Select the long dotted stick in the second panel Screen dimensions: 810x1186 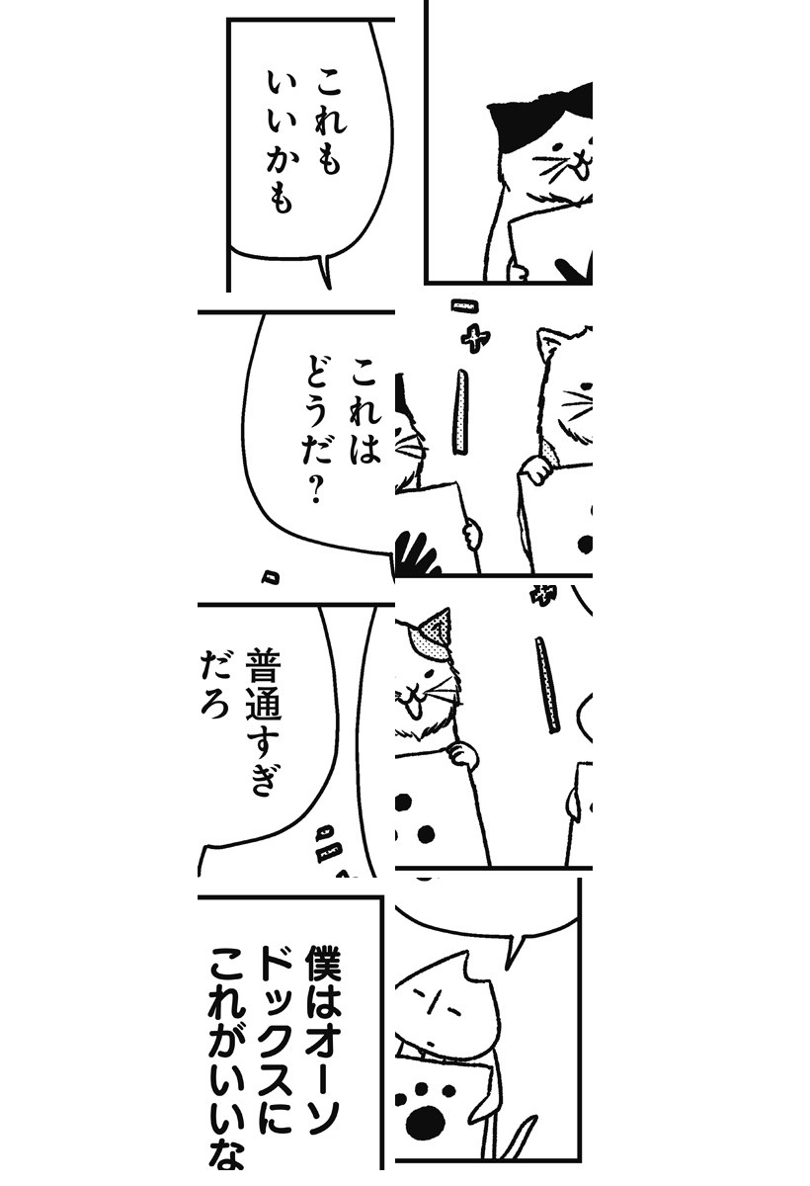click(x=462, y=411)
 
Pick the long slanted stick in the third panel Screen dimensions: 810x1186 click(x=547, y=685)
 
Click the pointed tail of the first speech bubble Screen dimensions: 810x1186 click(x=324, y=272)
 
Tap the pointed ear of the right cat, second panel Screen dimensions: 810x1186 click(x=547, y=343)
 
